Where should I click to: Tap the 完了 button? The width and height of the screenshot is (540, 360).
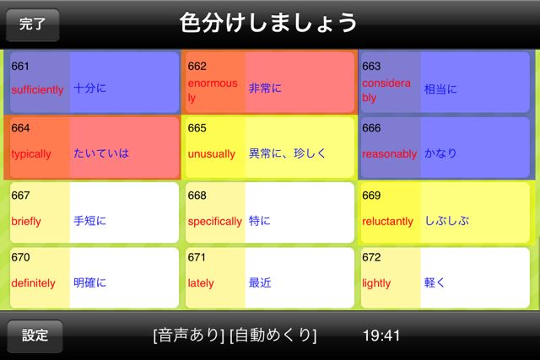point(33,24)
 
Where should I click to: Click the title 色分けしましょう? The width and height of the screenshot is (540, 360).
point(268,23)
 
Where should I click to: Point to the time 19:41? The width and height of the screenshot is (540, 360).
point(381,336)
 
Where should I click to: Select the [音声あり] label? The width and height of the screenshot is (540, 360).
point(189,336)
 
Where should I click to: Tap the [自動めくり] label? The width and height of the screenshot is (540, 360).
point(273,336)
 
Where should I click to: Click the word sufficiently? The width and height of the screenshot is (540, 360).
point(37,89)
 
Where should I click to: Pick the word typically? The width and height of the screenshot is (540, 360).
point(31,153)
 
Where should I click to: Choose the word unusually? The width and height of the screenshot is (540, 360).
point(212,153)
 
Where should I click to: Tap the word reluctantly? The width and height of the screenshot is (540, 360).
point(387,221)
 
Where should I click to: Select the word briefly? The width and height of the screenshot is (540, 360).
point(26,221)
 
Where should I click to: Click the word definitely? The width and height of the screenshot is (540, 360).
point(33,283)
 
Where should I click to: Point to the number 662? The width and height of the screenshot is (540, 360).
point(197,66)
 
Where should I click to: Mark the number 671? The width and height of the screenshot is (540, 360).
point(197,257)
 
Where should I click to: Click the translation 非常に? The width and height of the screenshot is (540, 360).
point(265,89)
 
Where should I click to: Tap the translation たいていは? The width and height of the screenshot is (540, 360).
point(101,153)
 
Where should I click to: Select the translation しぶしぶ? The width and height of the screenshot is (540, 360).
point(446,220)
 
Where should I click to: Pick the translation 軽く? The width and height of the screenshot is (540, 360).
point(435,282)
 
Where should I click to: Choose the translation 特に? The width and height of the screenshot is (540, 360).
point(259,220)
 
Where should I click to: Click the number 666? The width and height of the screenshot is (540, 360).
point(371,128)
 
